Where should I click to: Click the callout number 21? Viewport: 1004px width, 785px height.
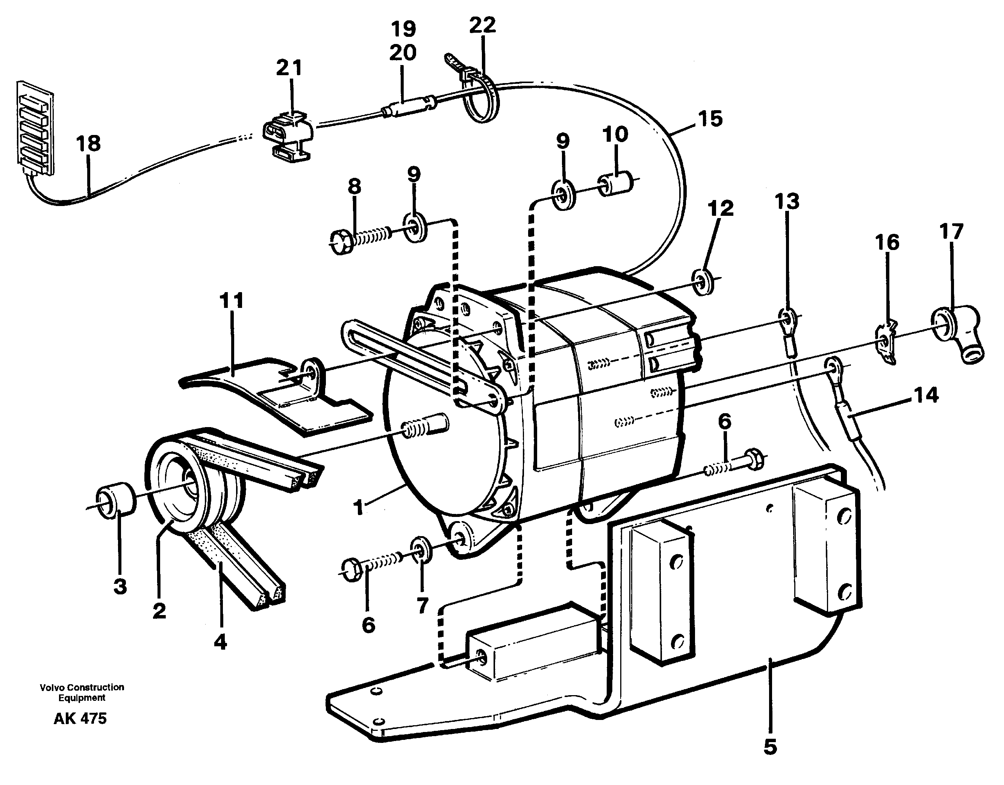click(x=289, y=68)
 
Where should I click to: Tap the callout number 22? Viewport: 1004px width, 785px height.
click(x=482, y=25)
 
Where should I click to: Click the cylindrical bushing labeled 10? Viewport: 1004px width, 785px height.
click(x=615, y=184)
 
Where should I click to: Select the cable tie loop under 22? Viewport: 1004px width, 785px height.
click(x=479, y=106)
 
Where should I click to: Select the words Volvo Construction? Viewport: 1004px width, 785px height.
click(x=82, y=687)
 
